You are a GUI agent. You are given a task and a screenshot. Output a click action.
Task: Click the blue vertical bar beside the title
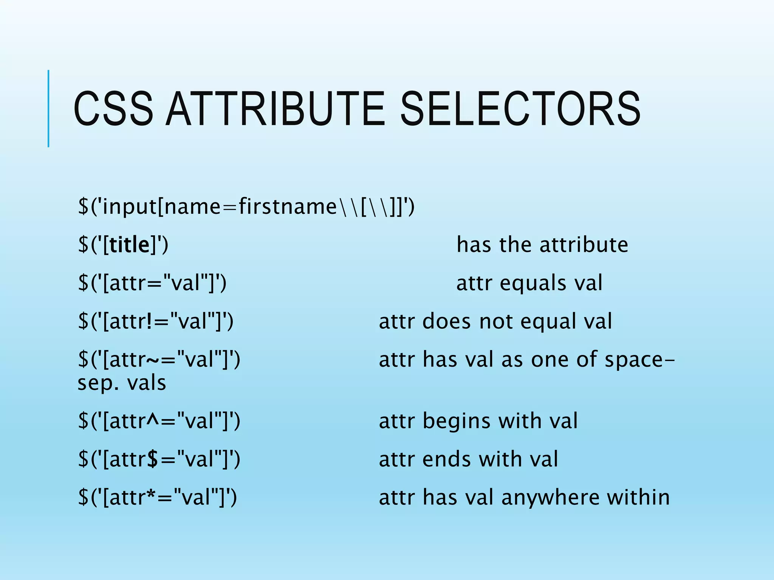point(48,109)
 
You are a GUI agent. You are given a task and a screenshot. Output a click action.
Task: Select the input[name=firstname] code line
point(246,207)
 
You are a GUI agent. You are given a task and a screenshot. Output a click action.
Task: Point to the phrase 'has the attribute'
point(542,245)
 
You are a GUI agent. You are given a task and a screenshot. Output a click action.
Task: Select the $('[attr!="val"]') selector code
point(155,321)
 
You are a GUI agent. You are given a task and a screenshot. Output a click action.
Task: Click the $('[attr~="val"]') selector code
point(159,359)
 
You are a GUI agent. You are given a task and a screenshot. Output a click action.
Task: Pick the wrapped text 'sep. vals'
point(122,383)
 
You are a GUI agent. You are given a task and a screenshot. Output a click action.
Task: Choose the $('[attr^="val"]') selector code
point(159,421)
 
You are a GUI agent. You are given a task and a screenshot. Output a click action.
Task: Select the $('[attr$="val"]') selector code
point(159,459)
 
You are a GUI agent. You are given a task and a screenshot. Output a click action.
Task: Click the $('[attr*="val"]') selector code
point(157,497)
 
